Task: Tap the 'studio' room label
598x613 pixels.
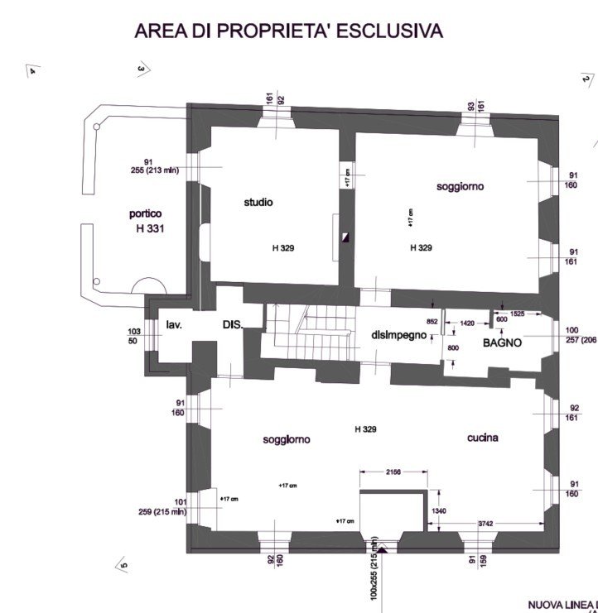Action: pyautogui.click(x=258, y=202)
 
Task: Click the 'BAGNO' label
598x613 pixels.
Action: pyautogui.click(x=503, y=342)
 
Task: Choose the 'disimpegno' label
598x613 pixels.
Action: pyautogui.click(x=399, y=335)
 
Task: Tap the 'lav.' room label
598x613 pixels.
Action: pyautogui.click(x=173, y=325)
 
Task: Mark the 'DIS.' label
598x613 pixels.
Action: pyautogui.click(x=232, y=326)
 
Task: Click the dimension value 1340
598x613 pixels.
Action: pyautogui.click(x=439, y=511)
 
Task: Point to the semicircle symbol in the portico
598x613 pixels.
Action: pyautogui.click(x=150, y=285)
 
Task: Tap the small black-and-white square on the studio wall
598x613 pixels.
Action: pyautogui.click(x=347, y=237)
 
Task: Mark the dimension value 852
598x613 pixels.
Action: pyautogui.click(x=432, y=322)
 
